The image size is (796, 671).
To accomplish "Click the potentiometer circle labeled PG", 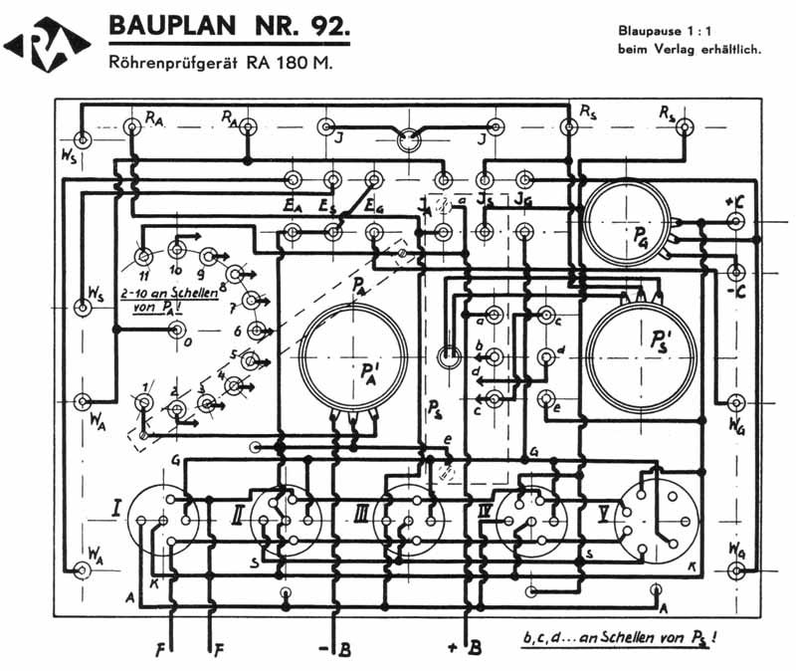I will [x=628, y=223].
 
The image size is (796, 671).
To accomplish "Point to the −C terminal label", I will [x=736, y=292].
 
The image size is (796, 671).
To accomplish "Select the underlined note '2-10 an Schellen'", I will [x=167, y=295].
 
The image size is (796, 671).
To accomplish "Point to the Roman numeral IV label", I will [x=487, y=513].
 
